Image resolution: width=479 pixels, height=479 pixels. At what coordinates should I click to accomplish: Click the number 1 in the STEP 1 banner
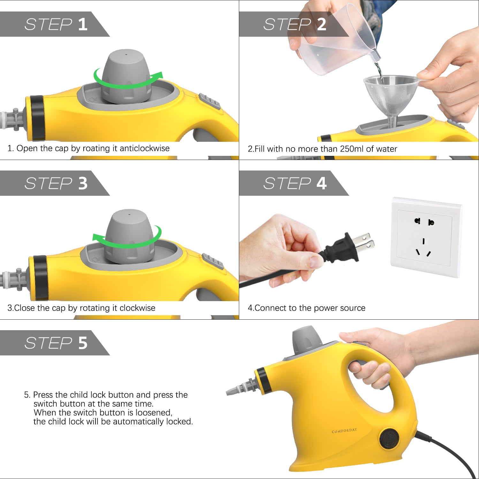pos(83,25)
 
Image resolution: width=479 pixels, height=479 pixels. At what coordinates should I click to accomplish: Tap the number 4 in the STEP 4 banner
pos(322,184)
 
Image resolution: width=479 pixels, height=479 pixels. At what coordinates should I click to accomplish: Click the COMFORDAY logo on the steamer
pos(344,431)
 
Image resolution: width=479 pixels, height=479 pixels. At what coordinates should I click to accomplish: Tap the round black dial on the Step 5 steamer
pos(389,438)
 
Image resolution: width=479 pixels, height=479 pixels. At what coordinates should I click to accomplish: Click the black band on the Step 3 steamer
pos(40,278)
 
